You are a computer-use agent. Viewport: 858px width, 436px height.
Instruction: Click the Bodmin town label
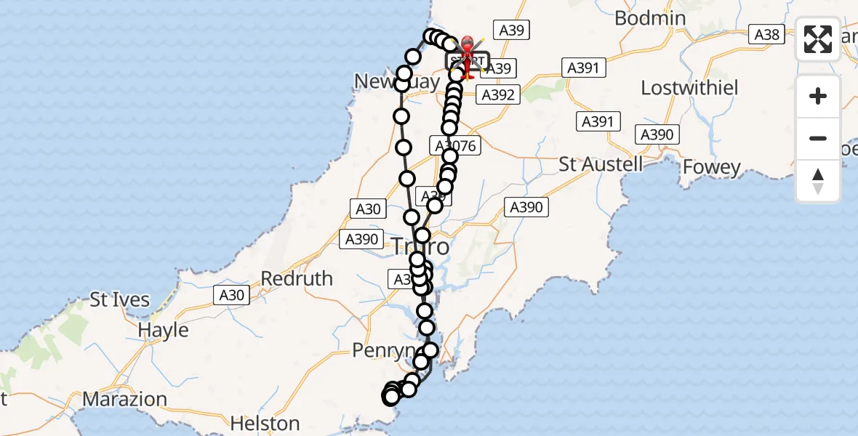pos(650,18)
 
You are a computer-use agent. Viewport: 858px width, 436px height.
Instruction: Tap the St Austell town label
pos(601,164)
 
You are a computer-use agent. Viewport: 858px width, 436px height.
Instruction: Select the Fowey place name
pos(711,168)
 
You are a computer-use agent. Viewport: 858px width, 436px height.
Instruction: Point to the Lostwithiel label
pos(689,88)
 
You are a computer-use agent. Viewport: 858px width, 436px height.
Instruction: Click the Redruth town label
pos(297,278)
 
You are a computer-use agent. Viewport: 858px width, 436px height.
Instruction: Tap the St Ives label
pos(119,299)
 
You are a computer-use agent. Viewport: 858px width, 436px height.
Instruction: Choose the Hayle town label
pos(163,330)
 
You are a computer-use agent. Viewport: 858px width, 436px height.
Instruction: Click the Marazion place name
pos(124,399)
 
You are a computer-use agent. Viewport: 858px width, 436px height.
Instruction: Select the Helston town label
pos(265,423)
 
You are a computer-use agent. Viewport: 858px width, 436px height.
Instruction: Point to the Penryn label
pos(382,352)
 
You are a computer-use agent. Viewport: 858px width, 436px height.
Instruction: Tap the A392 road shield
pos(498,94)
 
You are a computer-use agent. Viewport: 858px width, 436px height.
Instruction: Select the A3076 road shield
pos(457,146)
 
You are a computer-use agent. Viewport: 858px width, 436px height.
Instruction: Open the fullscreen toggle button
pos(818,39)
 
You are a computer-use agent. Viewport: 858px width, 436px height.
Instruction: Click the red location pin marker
pos(467,51)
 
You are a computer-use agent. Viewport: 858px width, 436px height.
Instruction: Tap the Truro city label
pos(420,247)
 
